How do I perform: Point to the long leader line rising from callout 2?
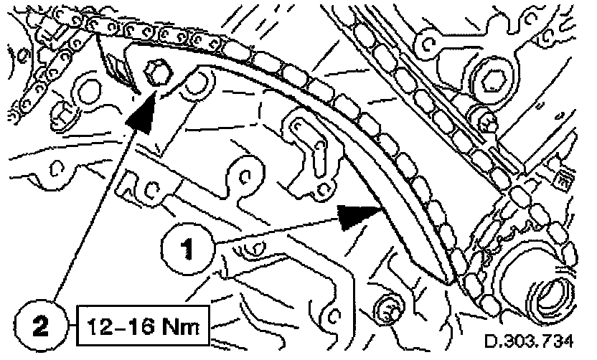(x=93, y=215)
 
